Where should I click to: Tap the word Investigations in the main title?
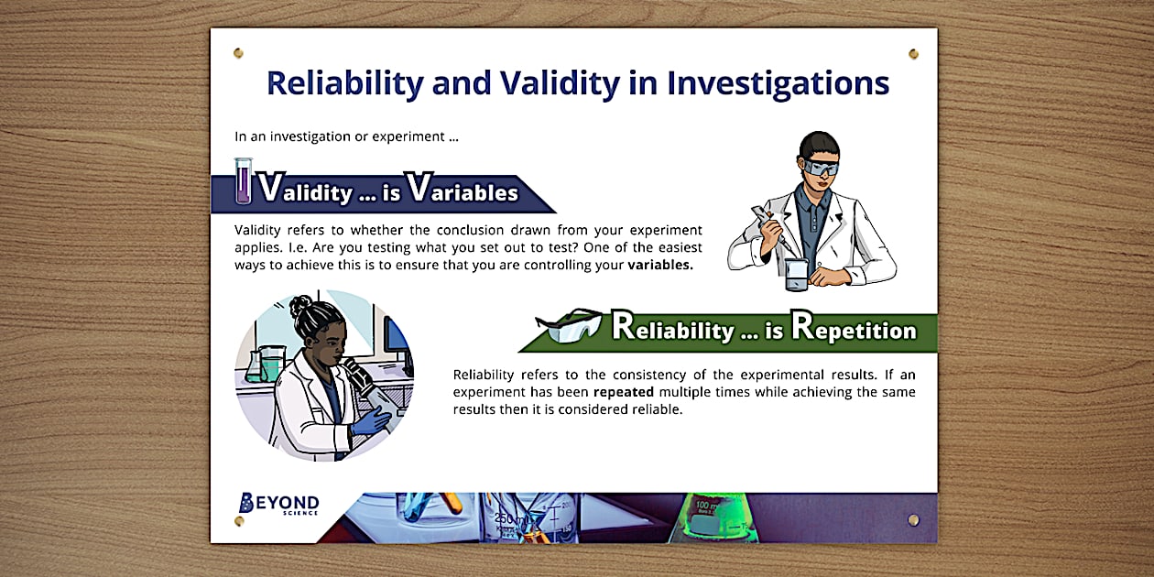(x=778, y=83)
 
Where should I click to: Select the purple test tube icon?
(x=243, y=180)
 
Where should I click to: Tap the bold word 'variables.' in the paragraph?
(x=660, y=266)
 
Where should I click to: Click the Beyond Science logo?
(x=278, y=503)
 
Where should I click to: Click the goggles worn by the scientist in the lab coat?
(x=821, y=168)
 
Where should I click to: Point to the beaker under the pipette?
(x=797, y=274)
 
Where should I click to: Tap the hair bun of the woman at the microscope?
(x=300, y=305)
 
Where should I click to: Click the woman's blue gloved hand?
(x=372, y=420)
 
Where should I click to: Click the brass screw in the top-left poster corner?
(x=238, y=53)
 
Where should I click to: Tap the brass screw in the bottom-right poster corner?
(x=913, y=520)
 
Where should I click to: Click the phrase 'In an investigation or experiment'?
(x=346, y=137)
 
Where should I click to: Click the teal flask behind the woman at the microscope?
(x=268, y=364)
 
